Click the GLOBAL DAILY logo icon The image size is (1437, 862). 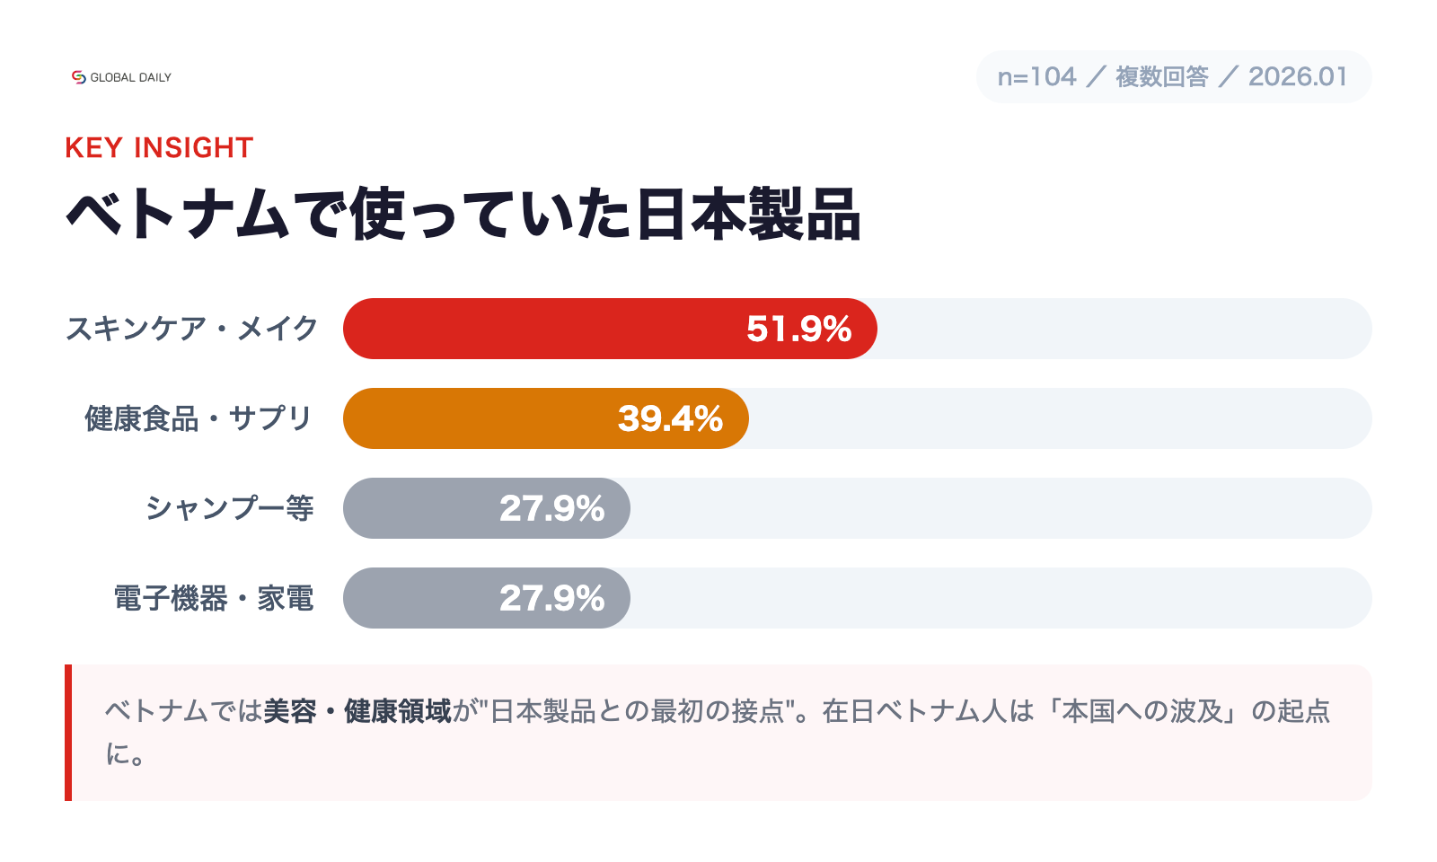pyautogui.click(x=79, y=77)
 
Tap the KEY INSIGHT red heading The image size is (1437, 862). pyautogui.click(x=159, y=147)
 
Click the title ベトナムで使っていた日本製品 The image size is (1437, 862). pyautogui.click(x=463, y=215)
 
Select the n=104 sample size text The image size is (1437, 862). pyautogui.click(x=1036, y=77)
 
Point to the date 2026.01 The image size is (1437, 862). pyautogui.click(x=1298, y=77)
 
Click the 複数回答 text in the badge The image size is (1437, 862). pyautogui.click(x=1162, y=77)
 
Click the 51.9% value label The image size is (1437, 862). pyautogui.click(x=798, y=329)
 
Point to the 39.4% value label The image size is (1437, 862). pyautogui.click(x=670, y=418)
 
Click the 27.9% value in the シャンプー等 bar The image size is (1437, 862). pyautogui.click(x=551, y=508)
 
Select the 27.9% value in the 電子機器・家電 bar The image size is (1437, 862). pyautogui.click(x=551, y=598)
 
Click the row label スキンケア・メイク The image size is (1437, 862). pyautogui.click(x=191, y=329)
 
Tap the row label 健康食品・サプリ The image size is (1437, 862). pyautogui.click(x=198, y=418)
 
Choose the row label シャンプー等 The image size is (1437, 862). pyautogui.click(x=229, y=508)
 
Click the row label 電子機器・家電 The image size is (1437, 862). pyautogui.click(x=214, y=598)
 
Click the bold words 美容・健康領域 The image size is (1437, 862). pyautogui.click(x=357, y=711)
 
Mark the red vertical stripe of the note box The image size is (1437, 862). pyautogui.click(x=68, y=733)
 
